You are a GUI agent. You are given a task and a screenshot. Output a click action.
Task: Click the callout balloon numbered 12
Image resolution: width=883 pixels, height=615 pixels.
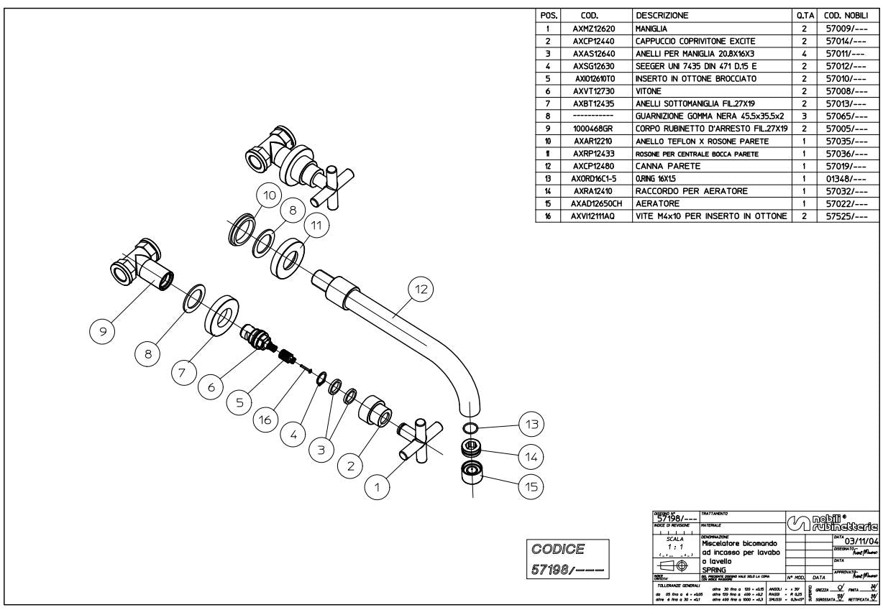421,289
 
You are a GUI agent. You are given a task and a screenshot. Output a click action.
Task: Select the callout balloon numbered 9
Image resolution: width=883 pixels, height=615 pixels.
103,331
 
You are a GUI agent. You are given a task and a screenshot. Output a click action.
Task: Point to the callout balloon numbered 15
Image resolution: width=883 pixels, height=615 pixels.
531,486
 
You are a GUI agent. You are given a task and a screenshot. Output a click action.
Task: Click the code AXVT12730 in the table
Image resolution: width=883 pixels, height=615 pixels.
596,92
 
